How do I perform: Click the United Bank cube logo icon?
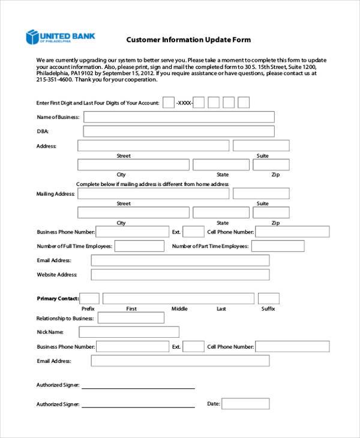32,38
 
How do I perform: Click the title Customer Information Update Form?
188,40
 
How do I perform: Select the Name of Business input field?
178,117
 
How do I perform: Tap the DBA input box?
178,131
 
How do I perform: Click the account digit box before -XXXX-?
169,103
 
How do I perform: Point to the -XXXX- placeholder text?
184,103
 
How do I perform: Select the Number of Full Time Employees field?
139,246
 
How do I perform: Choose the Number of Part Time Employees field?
278,246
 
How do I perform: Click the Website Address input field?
180,275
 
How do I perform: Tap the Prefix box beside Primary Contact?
89,298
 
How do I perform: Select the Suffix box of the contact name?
268,298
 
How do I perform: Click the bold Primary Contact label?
58,299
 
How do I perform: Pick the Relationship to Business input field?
130,318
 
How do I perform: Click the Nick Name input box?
129,332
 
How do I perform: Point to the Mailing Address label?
56,194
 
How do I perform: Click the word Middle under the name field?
179,309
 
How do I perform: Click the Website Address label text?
57,275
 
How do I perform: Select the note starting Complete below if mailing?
152,184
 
